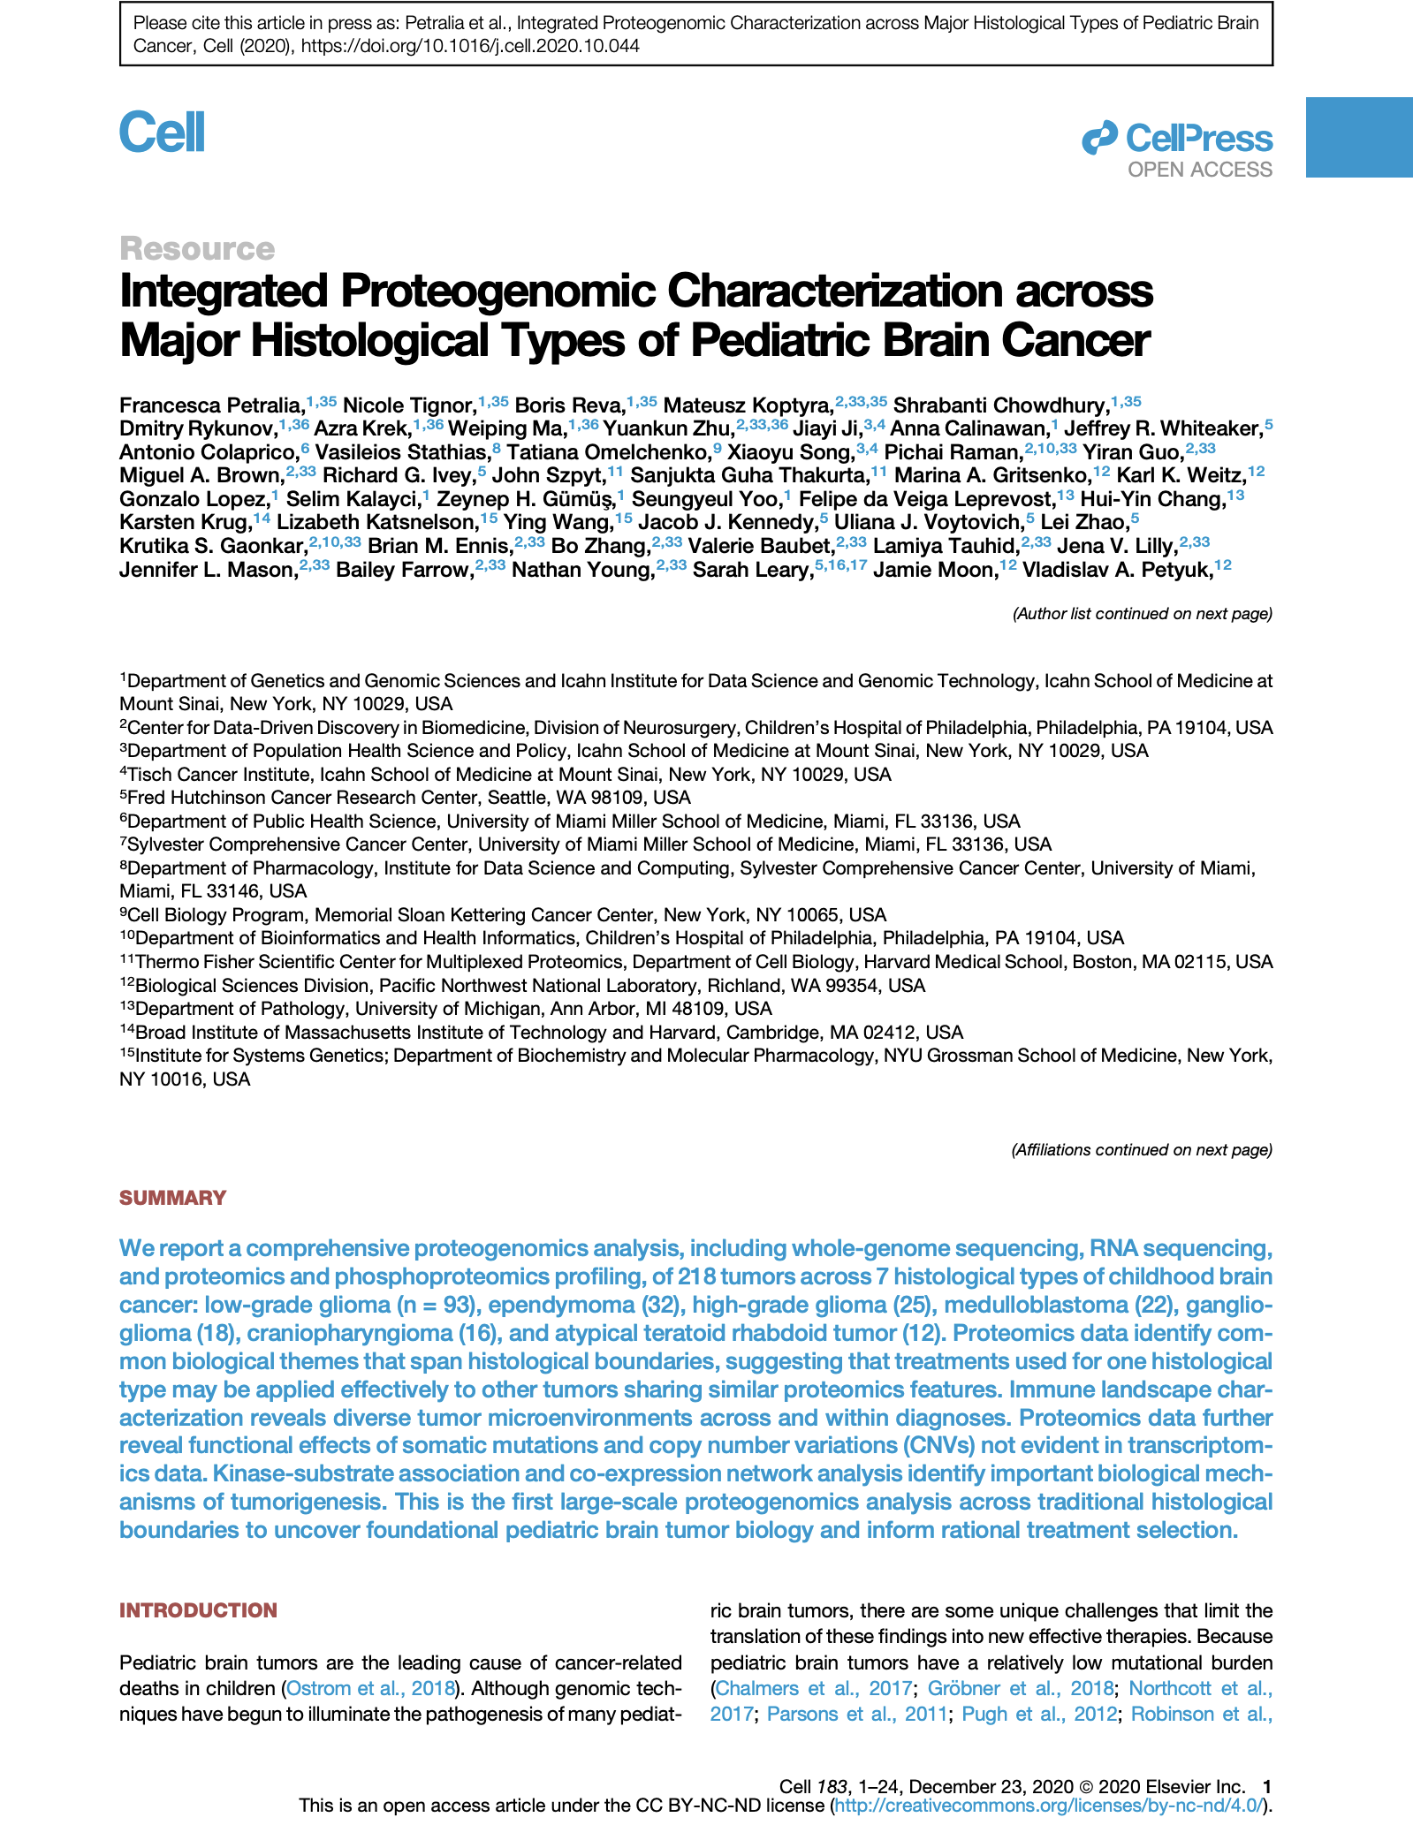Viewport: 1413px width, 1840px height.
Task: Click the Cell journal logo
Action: coord(163,133)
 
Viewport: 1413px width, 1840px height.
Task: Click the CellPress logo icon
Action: coord(1099,139)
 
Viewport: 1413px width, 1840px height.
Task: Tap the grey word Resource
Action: coord(197,249)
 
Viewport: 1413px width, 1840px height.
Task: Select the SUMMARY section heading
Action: coord(173,1198)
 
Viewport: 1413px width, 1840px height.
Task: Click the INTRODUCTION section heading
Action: coord(198,1610)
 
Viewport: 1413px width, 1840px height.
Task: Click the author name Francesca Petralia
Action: coord(210,405)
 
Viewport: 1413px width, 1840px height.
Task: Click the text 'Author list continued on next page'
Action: coord(1142,613)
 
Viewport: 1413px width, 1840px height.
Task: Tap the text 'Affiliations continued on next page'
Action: coord(1141,1149)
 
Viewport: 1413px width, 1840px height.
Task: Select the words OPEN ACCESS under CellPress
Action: coord(1199,170)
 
